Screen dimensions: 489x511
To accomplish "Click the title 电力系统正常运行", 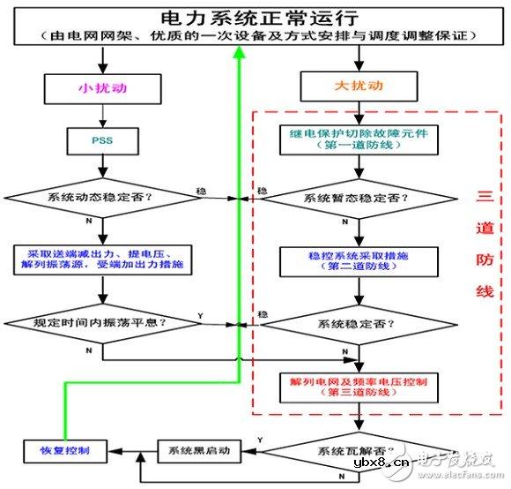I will click(x=255, y=18).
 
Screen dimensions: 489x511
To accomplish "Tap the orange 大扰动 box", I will click(x=356, y=88).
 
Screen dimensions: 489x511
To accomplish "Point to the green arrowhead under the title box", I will click(x=238, y=55).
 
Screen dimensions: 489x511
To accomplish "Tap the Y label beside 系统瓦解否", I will click(x=257, y=438).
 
